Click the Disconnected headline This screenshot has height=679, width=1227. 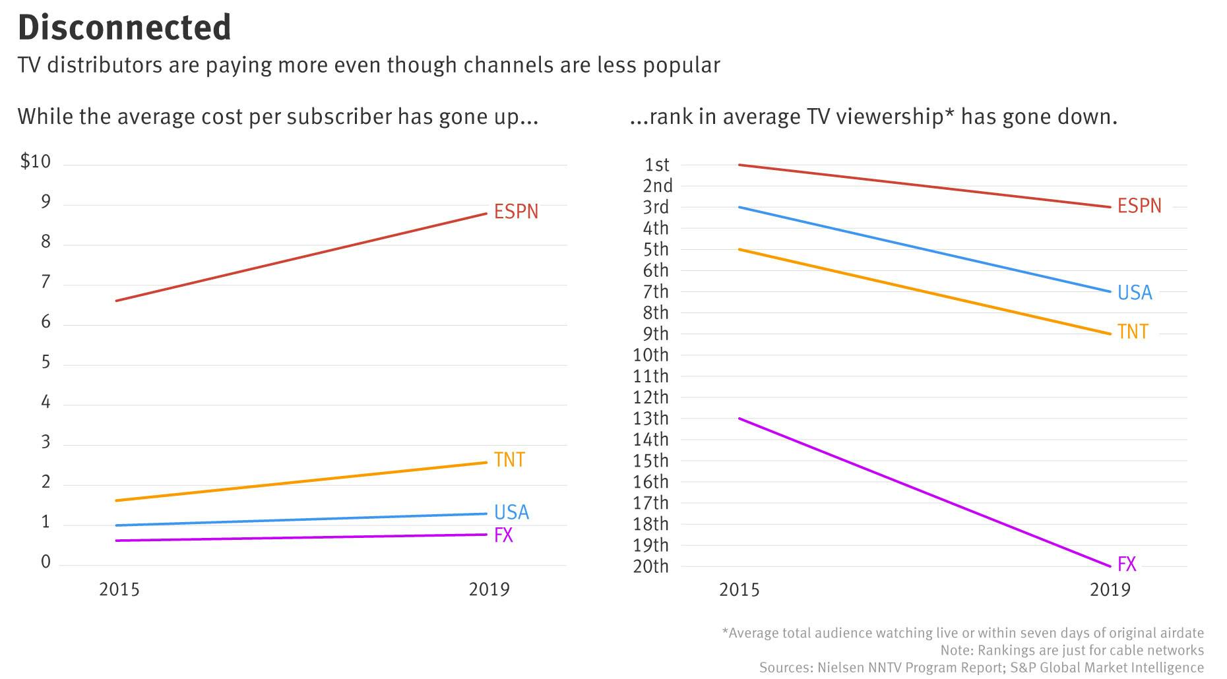pyautogui.click(x=124, y=28)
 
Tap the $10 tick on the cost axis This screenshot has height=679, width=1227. pyautogui.click(x=36, y=162)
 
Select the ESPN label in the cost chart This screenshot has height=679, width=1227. pyautogui.click(x=516, y=212)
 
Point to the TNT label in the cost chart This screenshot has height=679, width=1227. pyautogui.click(x=509, y=459)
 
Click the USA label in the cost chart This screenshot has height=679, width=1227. pyautogui.click(x=511, y=512)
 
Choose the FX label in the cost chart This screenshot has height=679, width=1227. pyautogui.click(x=503, y=535)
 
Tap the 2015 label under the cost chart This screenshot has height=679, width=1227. pyautogui.click(x=119, y=589)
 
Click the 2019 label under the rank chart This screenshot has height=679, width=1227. pyautogui.click(x=1110, y=589)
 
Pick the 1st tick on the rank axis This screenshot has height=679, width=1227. pyautogui.click(x=656, y=165)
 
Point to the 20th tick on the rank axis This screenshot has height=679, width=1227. pyautogui.click(x=650, y=566)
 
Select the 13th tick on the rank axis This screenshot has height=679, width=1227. pyautogui.click(x=650, y=419)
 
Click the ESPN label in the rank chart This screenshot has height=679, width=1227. pyautogui.click(x=1139, y=206)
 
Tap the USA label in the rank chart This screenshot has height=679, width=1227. pyautogui.click(x=1135, y=293)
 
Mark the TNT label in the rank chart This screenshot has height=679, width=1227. pyautogui.click(x=1133, y=332)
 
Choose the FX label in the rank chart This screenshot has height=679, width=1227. pyautogui.click(x=1127, y=564)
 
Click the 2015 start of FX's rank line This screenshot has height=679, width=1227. pyautogui.click(x=739, y=419)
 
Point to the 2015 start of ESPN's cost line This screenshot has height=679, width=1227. pyautogui.click(x=117, y=301)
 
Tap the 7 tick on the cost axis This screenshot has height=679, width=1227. pyautogui.click(x=46, y=282)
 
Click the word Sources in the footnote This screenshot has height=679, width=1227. pyautogui.click(x=782, y=667)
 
